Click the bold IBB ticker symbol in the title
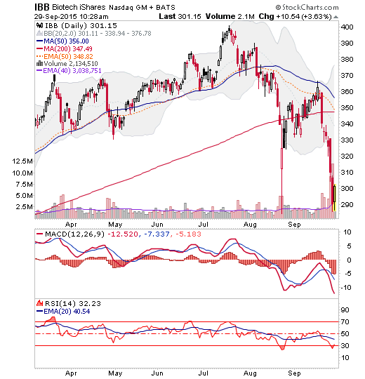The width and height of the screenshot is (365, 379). tap(42, 7)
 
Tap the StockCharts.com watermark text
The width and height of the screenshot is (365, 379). tap(307, 8)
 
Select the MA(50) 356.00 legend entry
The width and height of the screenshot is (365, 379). tap(62, 41)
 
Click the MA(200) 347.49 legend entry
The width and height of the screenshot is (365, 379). tap(65, 49)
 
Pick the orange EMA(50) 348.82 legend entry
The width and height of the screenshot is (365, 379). tap(65, 57)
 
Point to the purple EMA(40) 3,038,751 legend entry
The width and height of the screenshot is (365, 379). tap(69, 71)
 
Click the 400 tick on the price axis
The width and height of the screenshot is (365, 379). tap(347, 27)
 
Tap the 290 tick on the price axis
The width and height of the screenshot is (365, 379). tap(347, 204)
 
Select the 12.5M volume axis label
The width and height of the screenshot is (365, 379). tap(22, 161)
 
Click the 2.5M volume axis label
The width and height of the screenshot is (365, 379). tap(24, 206)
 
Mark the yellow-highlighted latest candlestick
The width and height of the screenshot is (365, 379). tap(335, 197)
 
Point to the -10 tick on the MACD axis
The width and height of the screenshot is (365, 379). tap(346, 287)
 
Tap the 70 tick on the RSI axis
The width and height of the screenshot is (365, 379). tap(345, 321)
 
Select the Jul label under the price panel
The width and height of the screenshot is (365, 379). tap(204, 225)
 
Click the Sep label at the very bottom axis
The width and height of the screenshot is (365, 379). tap(294, 373)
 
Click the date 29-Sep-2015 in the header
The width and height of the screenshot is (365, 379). tap(55, 17)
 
